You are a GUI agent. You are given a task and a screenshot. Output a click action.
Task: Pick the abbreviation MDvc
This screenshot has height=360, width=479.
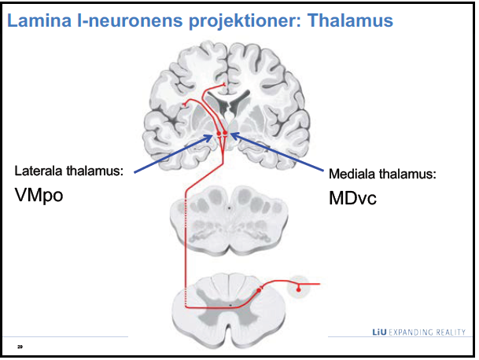click(x=353, y=199)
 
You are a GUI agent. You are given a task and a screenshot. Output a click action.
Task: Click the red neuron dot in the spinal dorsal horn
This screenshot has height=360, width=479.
click(x=259, y=291)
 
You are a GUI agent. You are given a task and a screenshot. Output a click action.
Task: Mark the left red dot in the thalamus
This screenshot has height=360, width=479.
click(x=219, y=135)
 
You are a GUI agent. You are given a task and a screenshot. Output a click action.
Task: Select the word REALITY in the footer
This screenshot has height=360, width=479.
click(x=451, y=332)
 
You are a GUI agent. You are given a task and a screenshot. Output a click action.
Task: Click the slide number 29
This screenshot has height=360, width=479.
click(x=19, y=345)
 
